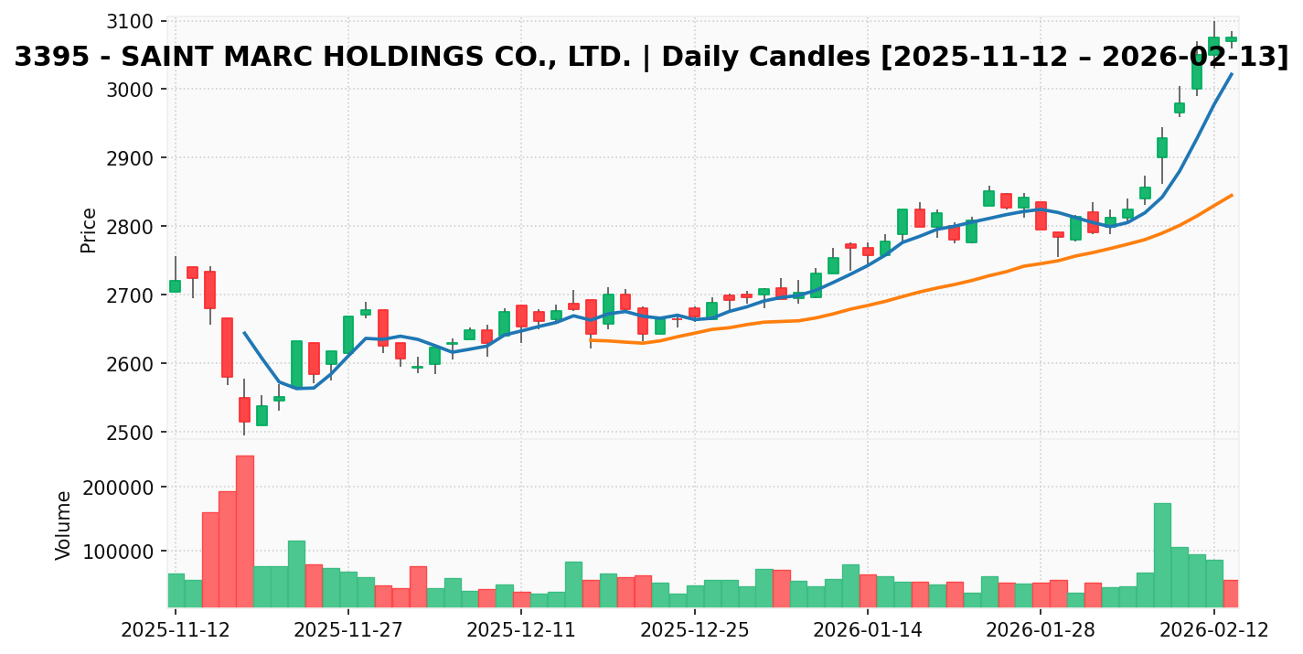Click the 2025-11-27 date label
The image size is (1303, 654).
[x=348, y=630]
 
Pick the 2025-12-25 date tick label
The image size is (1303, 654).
[x=695, y=630]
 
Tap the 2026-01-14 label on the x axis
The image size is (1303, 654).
[x=868, y=630]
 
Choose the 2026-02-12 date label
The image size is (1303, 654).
[x=1214, y=630]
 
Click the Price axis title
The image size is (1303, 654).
[x=89, y=230]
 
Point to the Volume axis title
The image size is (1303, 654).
[x=64, y=524]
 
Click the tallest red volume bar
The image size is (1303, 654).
[x=245, y=531]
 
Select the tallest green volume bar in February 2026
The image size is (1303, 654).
[x=1162, y=554]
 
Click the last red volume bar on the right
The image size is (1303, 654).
[x=1231, y=593]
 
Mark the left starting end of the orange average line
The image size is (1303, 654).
[x=591, y=339]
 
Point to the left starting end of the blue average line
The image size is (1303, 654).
[x=244, y=333]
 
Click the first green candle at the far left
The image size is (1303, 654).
[x=175, y=286]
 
